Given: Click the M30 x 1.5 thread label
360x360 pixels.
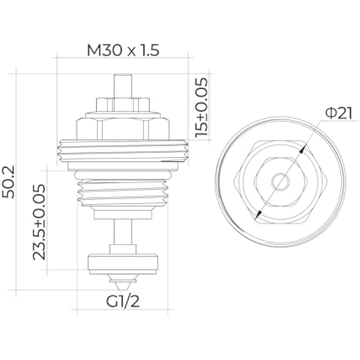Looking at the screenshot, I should [123, 51].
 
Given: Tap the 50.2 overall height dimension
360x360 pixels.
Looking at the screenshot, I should [10, 181].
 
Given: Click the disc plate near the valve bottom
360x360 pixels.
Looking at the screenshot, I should [123, 263].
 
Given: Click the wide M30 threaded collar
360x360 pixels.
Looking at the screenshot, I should [123, 149].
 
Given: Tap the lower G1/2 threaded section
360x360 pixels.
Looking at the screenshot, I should [123, 191].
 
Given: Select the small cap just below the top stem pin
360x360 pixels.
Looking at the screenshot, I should [123, 103].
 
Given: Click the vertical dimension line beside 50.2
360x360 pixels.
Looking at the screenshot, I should [17, 181].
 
